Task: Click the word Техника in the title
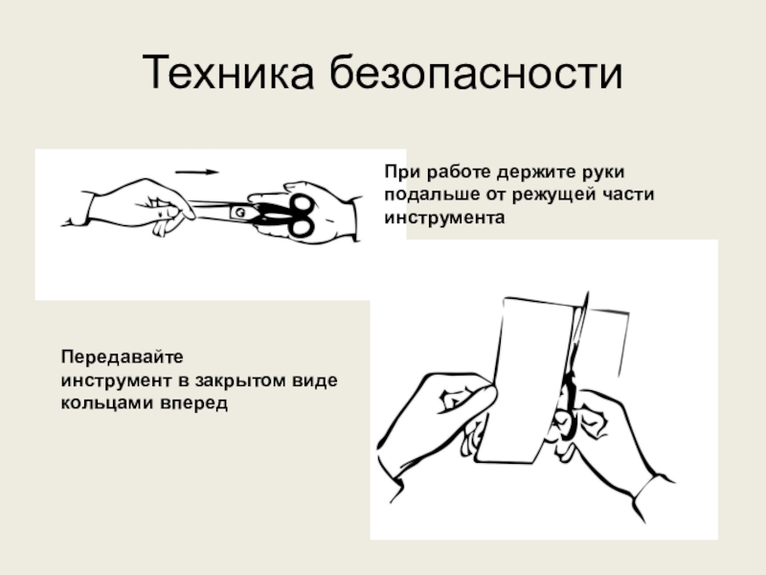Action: (x=228, y=73)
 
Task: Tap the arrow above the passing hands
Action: (x=197, y=172)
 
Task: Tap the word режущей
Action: (x=554, y=195)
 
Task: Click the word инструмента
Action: (x=444, y=218)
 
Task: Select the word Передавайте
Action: (x=123, y=356)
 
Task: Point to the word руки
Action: (x=603, y=172)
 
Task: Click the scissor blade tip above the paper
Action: (x=586, y=293)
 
